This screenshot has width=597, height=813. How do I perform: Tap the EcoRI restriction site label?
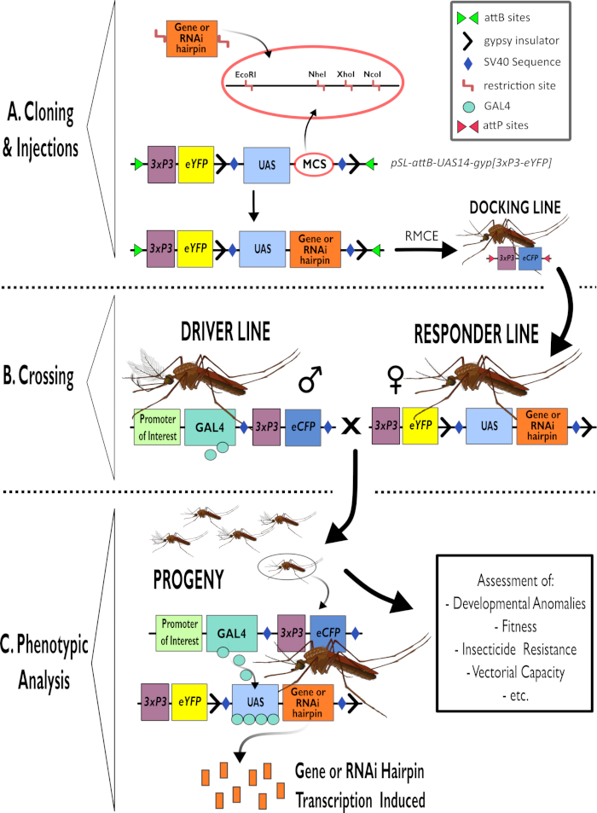coord(246,74)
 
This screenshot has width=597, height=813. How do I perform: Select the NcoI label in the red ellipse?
coord(373,74)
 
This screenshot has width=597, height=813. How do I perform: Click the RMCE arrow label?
coord(432,232)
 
